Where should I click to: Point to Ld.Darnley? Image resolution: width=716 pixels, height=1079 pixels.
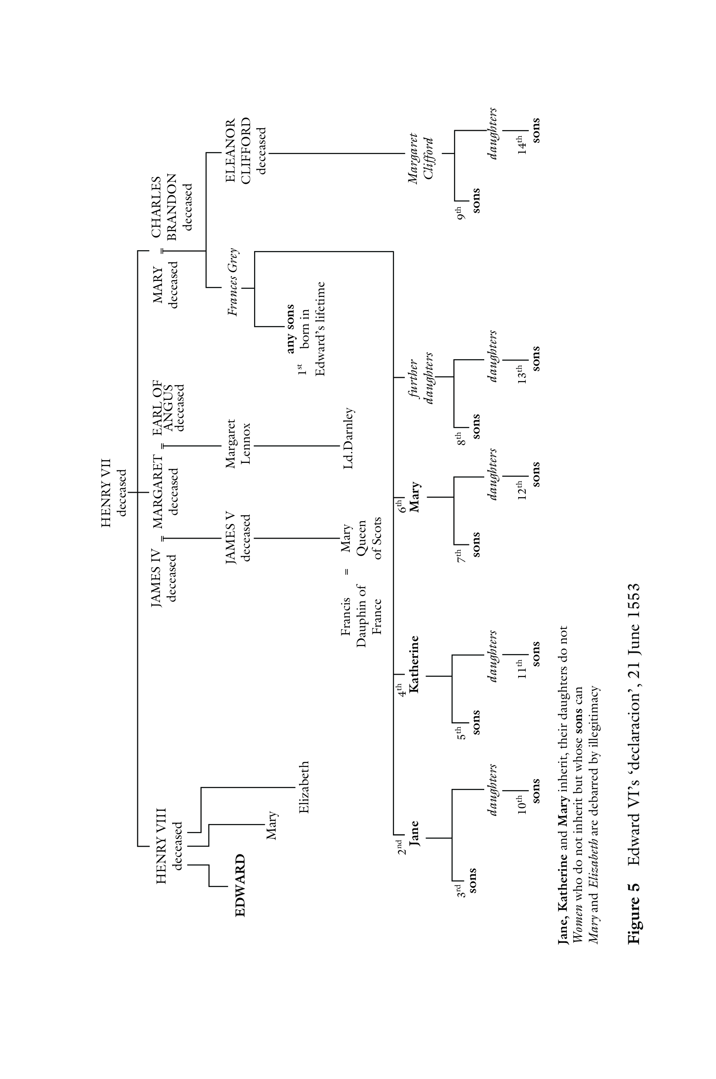point(348,439)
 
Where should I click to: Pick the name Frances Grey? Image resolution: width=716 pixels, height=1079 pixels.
point(233,282)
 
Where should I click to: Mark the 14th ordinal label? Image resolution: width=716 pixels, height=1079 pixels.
point(521,145)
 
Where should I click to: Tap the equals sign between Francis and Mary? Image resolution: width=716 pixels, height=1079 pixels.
point(347,571)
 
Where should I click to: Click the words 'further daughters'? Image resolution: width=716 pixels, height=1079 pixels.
point(420,378)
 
